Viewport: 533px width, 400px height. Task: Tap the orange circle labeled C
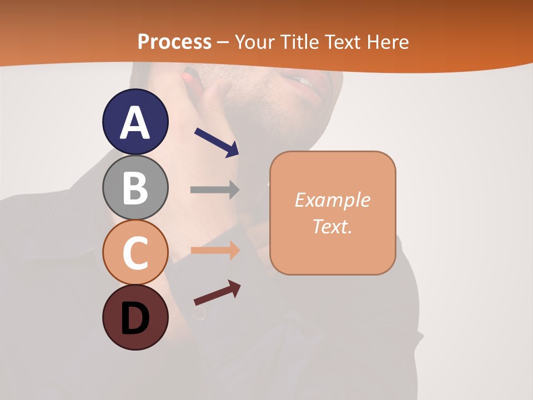coord(135,253)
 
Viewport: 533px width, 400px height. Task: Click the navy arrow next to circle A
coord(217,142)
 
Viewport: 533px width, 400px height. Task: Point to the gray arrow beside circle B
coord(215,189)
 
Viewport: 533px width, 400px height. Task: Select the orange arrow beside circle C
coord(215,250)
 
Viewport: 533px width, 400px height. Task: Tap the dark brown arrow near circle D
coord(217,293)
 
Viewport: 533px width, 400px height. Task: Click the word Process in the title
coord(174,42)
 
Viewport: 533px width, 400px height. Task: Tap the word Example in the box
coord(332,200)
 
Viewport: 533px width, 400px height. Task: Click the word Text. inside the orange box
coord(332,226)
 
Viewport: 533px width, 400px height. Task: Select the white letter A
coord(135,122)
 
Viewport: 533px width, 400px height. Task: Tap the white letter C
coord(135,253)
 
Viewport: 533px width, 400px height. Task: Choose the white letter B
coord(135,188)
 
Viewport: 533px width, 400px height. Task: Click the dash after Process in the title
coord(223,42)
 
